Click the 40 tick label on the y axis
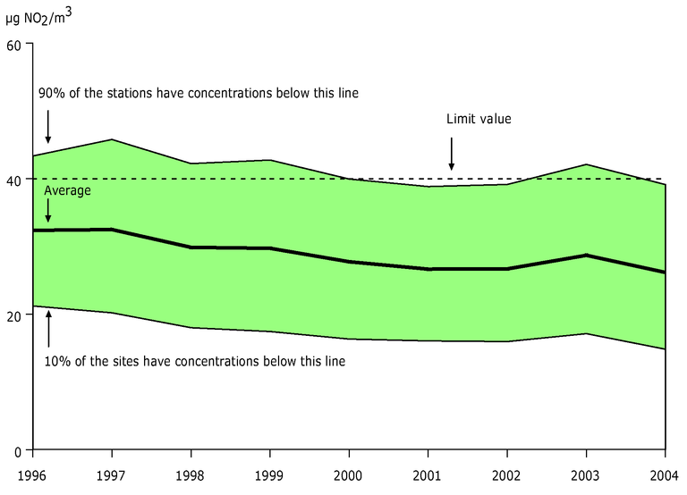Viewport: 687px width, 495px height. click(14, 180)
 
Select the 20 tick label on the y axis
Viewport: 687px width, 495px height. click(14, 315)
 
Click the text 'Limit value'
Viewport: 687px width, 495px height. click(479, 119)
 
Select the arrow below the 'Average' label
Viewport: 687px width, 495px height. click(47, 210)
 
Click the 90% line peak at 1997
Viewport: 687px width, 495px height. click(112, 139)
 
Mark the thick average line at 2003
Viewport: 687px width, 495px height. click(586, 256)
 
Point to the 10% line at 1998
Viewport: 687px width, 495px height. click(191, 328)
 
